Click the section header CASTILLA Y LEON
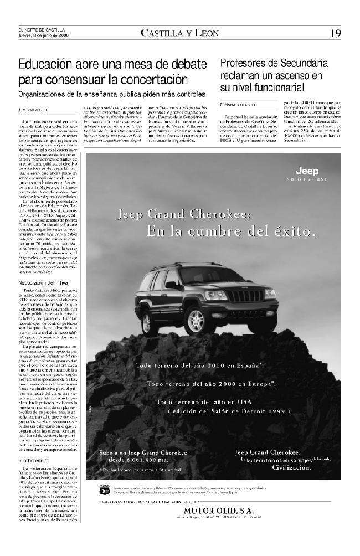(x=180, y=33)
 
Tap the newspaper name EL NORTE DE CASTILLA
(x=42, y=30)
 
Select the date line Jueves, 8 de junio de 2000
(x=43, y=35)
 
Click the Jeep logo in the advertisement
(x=306, y=171)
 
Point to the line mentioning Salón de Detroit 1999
(x=230, y=411)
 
